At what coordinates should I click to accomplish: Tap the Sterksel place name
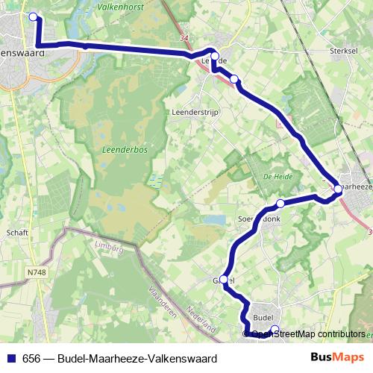[x=345, y=52]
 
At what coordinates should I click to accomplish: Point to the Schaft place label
[x=17, y=233]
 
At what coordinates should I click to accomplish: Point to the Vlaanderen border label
[x=162, y=302]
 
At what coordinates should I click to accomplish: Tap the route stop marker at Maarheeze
[x=338, y=189]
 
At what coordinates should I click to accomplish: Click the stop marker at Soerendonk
[x=280, y=204]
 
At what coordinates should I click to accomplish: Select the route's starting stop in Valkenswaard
[x=32, y=16]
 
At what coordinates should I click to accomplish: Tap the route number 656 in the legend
[x=32, y=358]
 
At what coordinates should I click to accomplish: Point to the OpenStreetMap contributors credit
[x=308, y=334]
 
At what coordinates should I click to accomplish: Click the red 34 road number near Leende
[x=184, y=38]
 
